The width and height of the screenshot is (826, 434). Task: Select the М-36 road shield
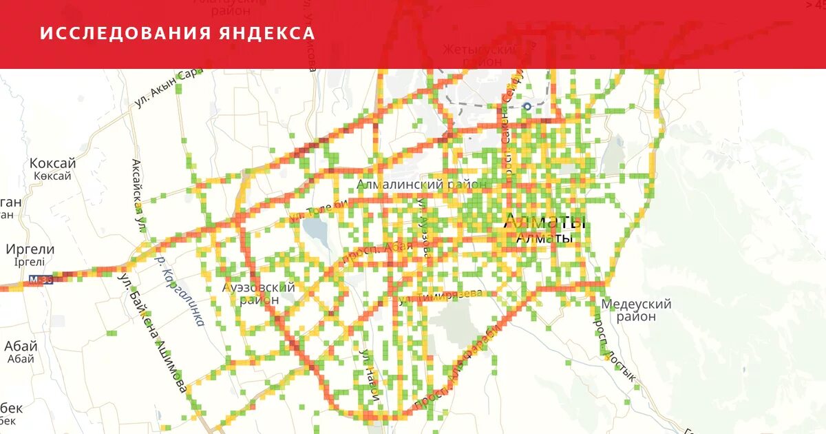[41, 280]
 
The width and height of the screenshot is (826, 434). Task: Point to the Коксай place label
[52, 164]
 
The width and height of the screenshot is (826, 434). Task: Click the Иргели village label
[30, 249]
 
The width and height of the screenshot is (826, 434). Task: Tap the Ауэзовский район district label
[259, 293]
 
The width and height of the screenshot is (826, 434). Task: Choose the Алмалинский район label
[421, 185]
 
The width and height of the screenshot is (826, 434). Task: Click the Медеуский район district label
[635, 310]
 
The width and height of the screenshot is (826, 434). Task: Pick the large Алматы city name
[544, 222]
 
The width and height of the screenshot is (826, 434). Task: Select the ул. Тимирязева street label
[441, 296]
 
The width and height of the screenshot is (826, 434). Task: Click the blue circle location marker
[527, 106]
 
